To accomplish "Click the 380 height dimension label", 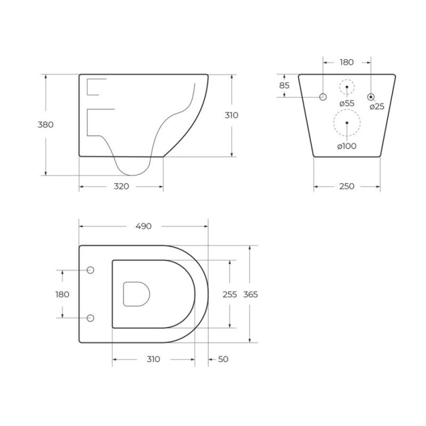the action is click(45, 125).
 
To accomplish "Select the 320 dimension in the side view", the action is click(121, 186).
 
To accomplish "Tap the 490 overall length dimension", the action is click(143, 226).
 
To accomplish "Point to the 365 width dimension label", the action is click(250, 294).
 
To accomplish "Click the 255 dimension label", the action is click(230, 294).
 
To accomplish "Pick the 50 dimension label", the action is click(223, 359).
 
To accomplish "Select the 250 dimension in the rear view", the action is click(347, 186).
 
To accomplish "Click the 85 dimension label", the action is click(284, 85).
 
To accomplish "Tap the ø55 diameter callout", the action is click(347, 103).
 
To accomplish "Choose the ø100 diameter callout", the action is click(347, 146).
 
